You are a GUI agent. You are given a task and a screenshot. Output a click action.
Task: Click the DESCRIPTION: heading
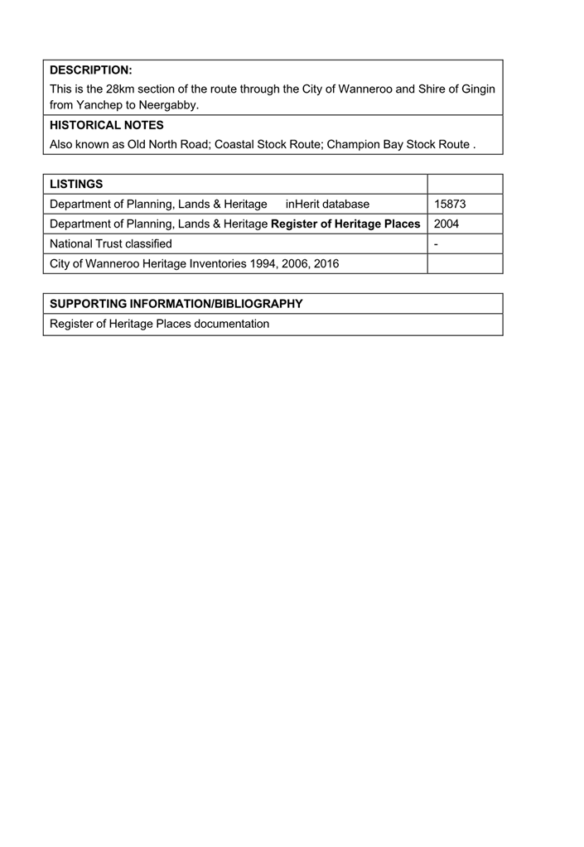91,70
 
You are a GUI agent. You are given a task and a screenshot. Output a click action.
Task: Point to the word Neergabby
171,105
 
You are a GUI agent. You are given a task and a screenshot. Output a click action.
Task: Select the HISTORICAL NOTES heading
107,125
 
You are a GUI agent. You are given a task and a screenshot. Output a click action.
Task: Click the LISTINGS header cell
76,184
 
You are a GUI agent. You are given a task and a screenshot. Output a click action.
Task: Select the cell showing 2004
446,224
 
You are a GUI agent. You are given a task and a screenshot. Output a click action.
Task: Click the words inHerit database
327,204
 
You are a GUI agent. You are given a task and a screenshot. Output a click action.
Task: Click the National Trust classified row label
111,243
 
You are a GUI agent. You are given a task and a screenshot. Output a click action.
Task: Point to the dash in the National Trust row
436,244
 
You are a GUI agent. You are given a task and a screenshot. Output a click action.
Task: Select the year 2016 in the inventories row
326,264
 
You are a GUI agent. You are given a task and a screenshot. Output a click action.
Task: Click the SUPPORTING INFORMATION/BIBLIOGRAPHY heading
176,304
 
